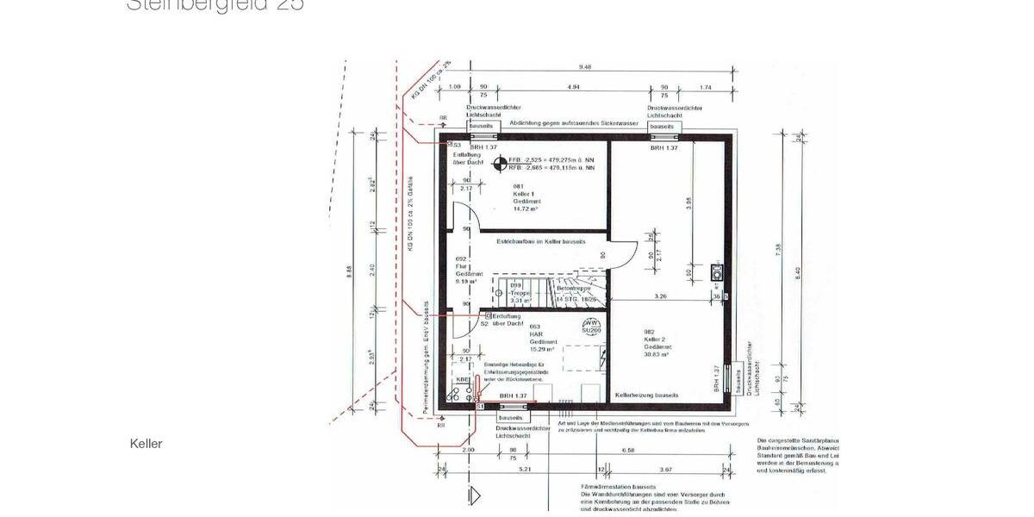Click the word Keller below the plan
pos(146,444)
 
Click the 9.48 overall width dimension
pos(585,67)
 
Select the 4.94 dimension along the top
pos(573,87)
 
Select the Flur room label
pos(460,266)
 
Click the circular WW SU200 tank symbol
pos(591,327)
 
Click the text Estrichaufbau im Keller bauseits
pos(540,242)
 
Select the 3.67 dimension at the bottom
pos(665,470)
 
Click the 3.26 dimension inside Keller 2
pos(660,297)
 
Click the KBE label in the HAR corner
pos(463,379)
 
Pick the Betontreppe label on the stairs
pos(571,289)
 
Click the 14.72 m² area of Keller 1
pos(525,209)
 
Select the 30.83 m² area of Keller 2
pos(657,354)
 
